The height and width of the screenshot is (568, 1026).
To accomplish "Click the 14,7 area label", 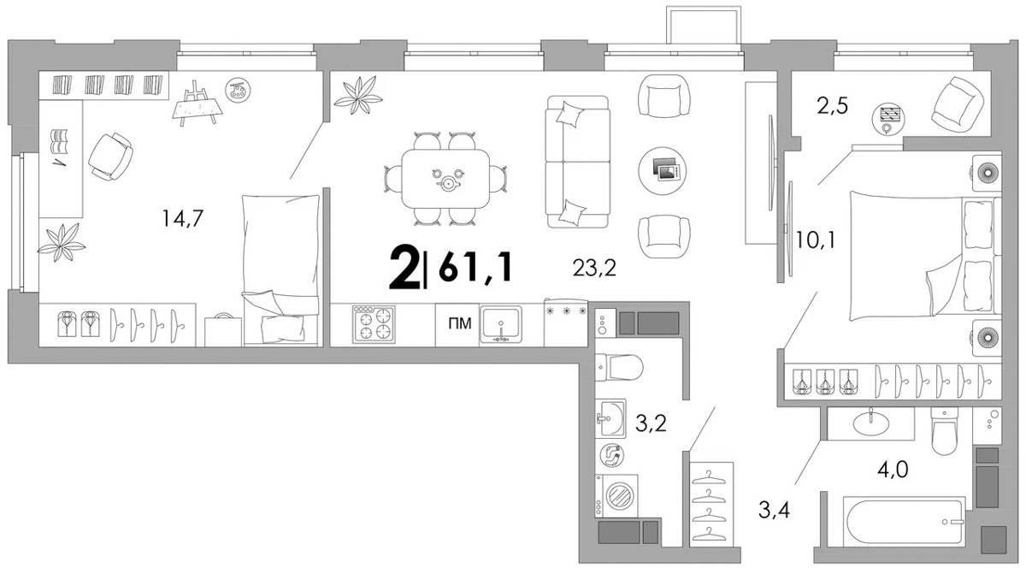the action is pos(182,218).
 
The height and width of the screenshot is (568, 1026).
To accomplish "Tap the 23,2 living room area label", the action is pos(594,268).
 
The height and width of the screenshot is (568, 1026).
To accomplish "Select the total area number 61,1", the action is pos(475,268).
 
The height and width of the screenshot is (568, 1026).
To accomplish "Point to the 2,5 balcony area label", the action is pos(832,106).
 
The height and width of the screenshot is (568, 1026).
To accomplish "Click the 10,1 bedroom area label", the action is pos(816,240).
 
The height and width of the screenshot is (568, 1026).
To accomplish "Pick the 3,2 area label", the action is pos(651,423).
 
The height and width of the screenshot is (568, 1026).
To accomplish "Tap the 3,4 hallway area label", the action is pos(774,510).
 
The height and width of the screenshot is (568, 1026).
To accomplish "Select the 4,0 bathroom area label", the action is pos(893,470).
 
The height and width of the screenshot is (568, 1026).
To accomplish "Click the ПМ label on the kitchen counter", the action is pos(459,323).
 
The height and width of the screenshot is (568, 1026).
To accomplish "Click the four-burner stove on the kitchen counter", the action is pos(374,324).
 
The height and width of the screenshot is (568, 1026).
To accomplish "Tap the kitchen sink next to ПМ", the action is pos(501,324).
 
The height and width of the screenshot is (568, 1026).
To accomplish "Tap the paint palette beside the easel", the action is pos(238,90).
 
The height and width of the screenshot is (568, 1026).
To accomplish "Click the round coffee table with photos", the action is pos(663,170).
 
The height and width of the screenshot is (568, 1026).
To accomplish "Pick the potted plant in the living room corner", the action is pos(358,95).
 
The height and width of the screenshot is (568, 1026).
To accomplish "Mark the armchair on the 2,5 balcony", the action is pos(958,106).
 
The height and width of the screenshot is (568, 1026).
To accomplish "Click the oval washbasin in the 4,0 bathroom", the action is pos(870,423).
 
